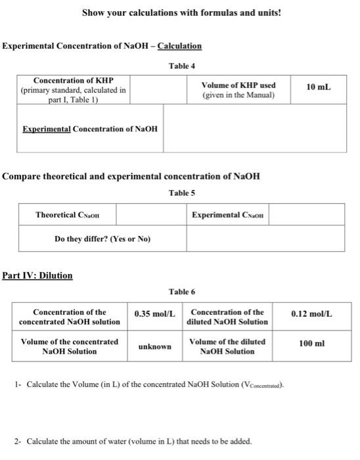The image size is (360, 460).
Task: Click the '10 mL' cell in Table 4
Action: coord(319,87)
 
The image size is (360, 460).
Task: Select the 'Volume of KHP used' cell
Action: coord(238,90)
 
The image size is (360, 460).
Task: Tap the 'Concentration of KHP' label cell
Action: coord(73,90)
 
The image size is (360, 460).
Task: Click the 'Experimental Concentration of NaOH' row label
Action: coord(90,129)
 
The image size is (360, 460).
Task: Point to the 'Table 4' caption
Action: coord(182,66)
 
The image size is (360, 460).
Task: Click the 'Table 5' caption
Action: coord(182,193)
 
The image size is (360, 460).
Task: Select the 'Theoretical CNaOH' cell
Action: coord(67,215)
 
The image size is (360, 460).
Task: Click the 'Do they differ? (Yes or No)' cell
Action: coord(102,239)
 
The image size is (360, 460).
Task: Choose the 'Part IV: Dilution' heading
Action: coord(37,275)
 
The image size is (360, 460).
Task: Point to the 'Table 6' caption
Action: coord(182,291)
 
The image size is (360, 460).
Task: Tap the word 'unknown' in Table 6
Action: coord(155,346)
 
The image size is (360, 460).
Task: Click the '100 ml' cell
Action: coord(311,344)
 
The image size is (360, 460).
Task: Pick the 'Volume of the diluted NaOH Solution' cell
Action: coord(227,346)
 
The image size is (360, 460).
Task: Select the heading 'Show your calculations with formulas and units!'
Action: coord(181,12)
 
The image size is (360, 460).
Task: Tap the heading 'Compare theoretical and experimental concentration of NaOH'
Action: coord(131,176)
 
